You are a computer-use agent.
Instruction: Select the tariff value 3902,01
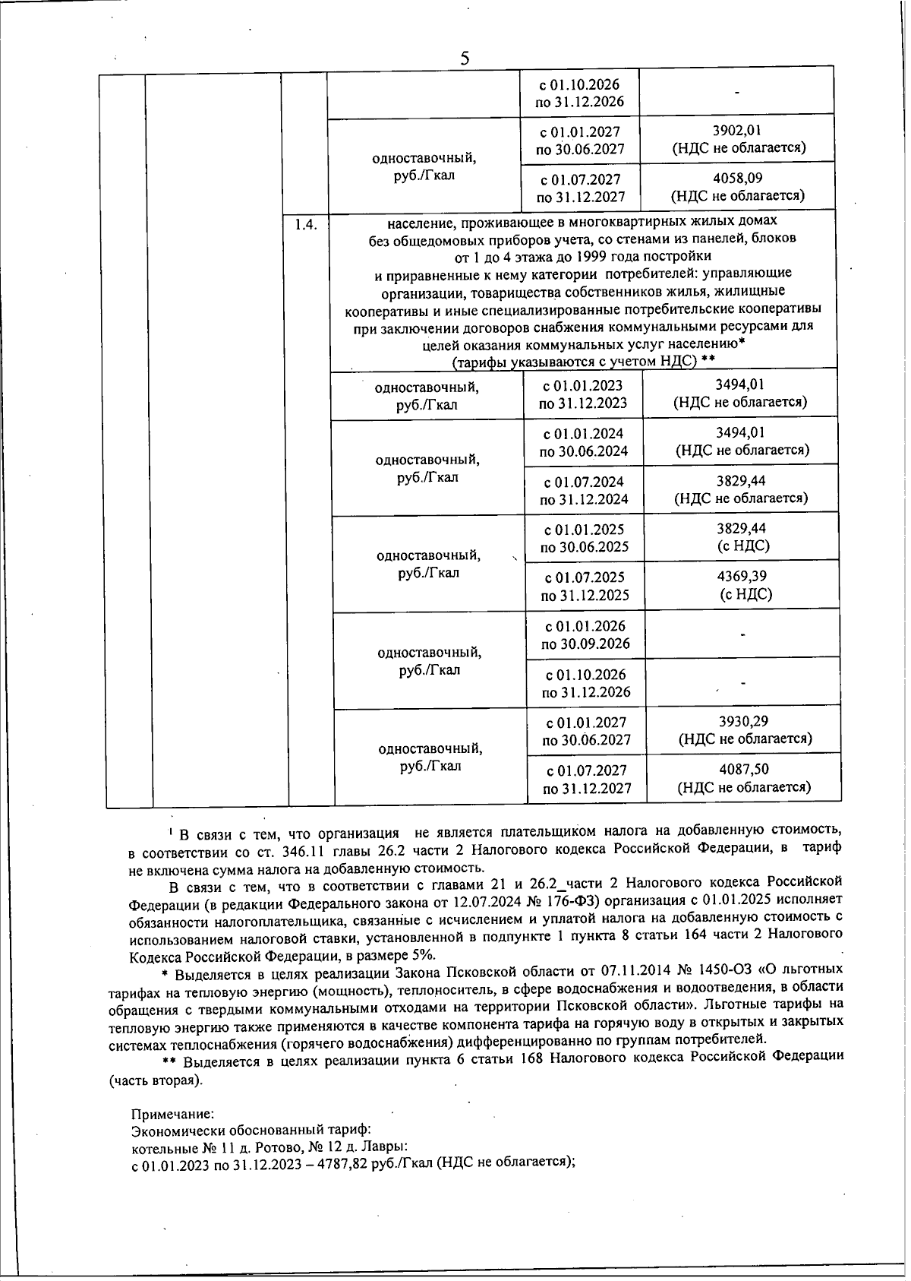pos(737,131)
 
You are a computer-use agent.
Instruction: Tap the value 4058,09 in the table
pos(738,179)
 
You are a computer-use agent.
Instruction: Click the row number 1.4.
pos(305,224)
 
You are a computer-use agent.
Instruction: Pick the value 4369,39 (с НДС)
pos(744,577)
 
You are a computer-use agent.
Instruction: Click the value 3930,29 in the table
pos(744,721)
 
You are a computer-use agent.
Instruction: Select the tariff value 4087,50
pos(744,770)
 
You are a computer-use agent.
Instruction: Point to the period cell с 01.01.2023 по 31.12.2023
pos(583,395)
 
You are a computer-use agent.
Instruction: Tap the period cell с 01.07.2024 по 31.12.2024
pos(584,491)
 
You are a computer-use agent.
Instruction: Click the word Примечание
pos(173,1114)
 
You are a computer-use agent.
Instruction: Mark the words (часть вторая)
pos(156,1080)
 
